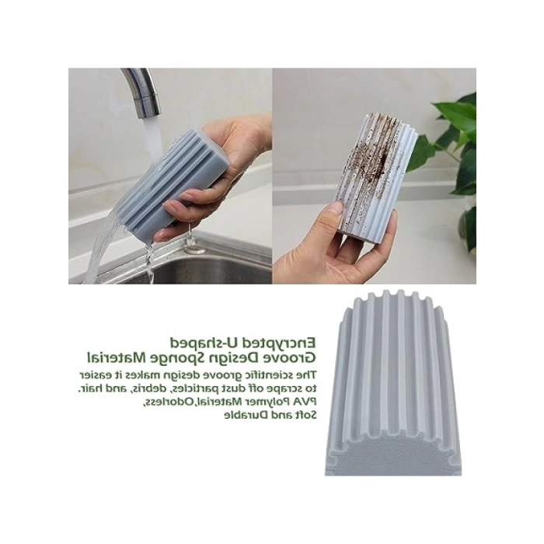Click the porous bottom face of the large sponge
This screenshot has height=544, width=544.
point(392,454)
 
